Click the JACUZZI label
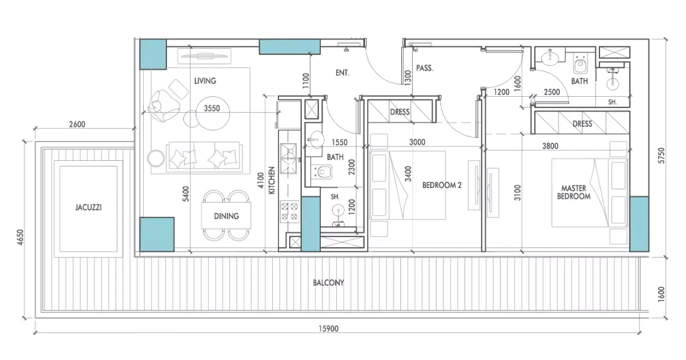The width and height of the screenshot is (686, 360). point(88,207)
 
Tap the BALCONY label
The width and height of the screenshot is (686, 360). point(328,282)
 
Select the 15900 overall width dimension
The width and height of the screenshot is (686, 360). point(329,329)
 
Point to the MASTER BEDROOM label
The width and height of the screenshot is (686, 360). point(573,192)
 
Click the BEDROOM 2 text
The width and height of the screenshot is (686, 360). point(441,185)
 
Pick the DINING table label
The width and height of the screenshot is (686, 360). point(226,216)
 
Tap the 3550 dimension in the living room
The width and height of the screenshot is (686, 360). point(212,108)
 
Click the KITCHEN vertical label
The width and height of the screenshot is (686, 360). point(272,181)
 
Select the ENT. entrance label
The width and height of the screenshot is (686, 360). point(342,72)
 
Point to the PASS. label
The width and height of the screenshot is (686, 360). point(425,68)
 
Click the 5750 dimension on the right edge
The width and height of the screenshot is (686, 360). point(662,156)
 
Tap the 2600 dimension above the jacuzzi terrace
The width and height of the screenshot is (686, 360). point(77,125)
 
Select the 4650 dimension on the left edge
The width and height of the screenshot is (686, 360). point(20,237)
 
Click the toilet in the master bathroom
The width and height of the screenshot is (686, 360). point(580,65)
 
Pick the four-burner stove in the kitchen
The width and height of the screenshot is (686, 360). point(289,211)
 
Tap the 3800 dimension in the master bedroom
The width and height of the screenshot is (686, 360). point(550,146)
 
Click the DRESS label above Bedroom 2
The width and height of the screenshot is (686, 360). point(400,112)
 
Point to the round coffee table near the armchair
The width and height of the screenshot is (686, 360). point(213,113)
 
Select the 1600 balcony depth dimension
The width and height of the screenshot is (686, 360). point(662,294)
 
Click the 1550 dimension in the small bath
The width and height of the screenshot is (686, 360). point(340,142)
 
